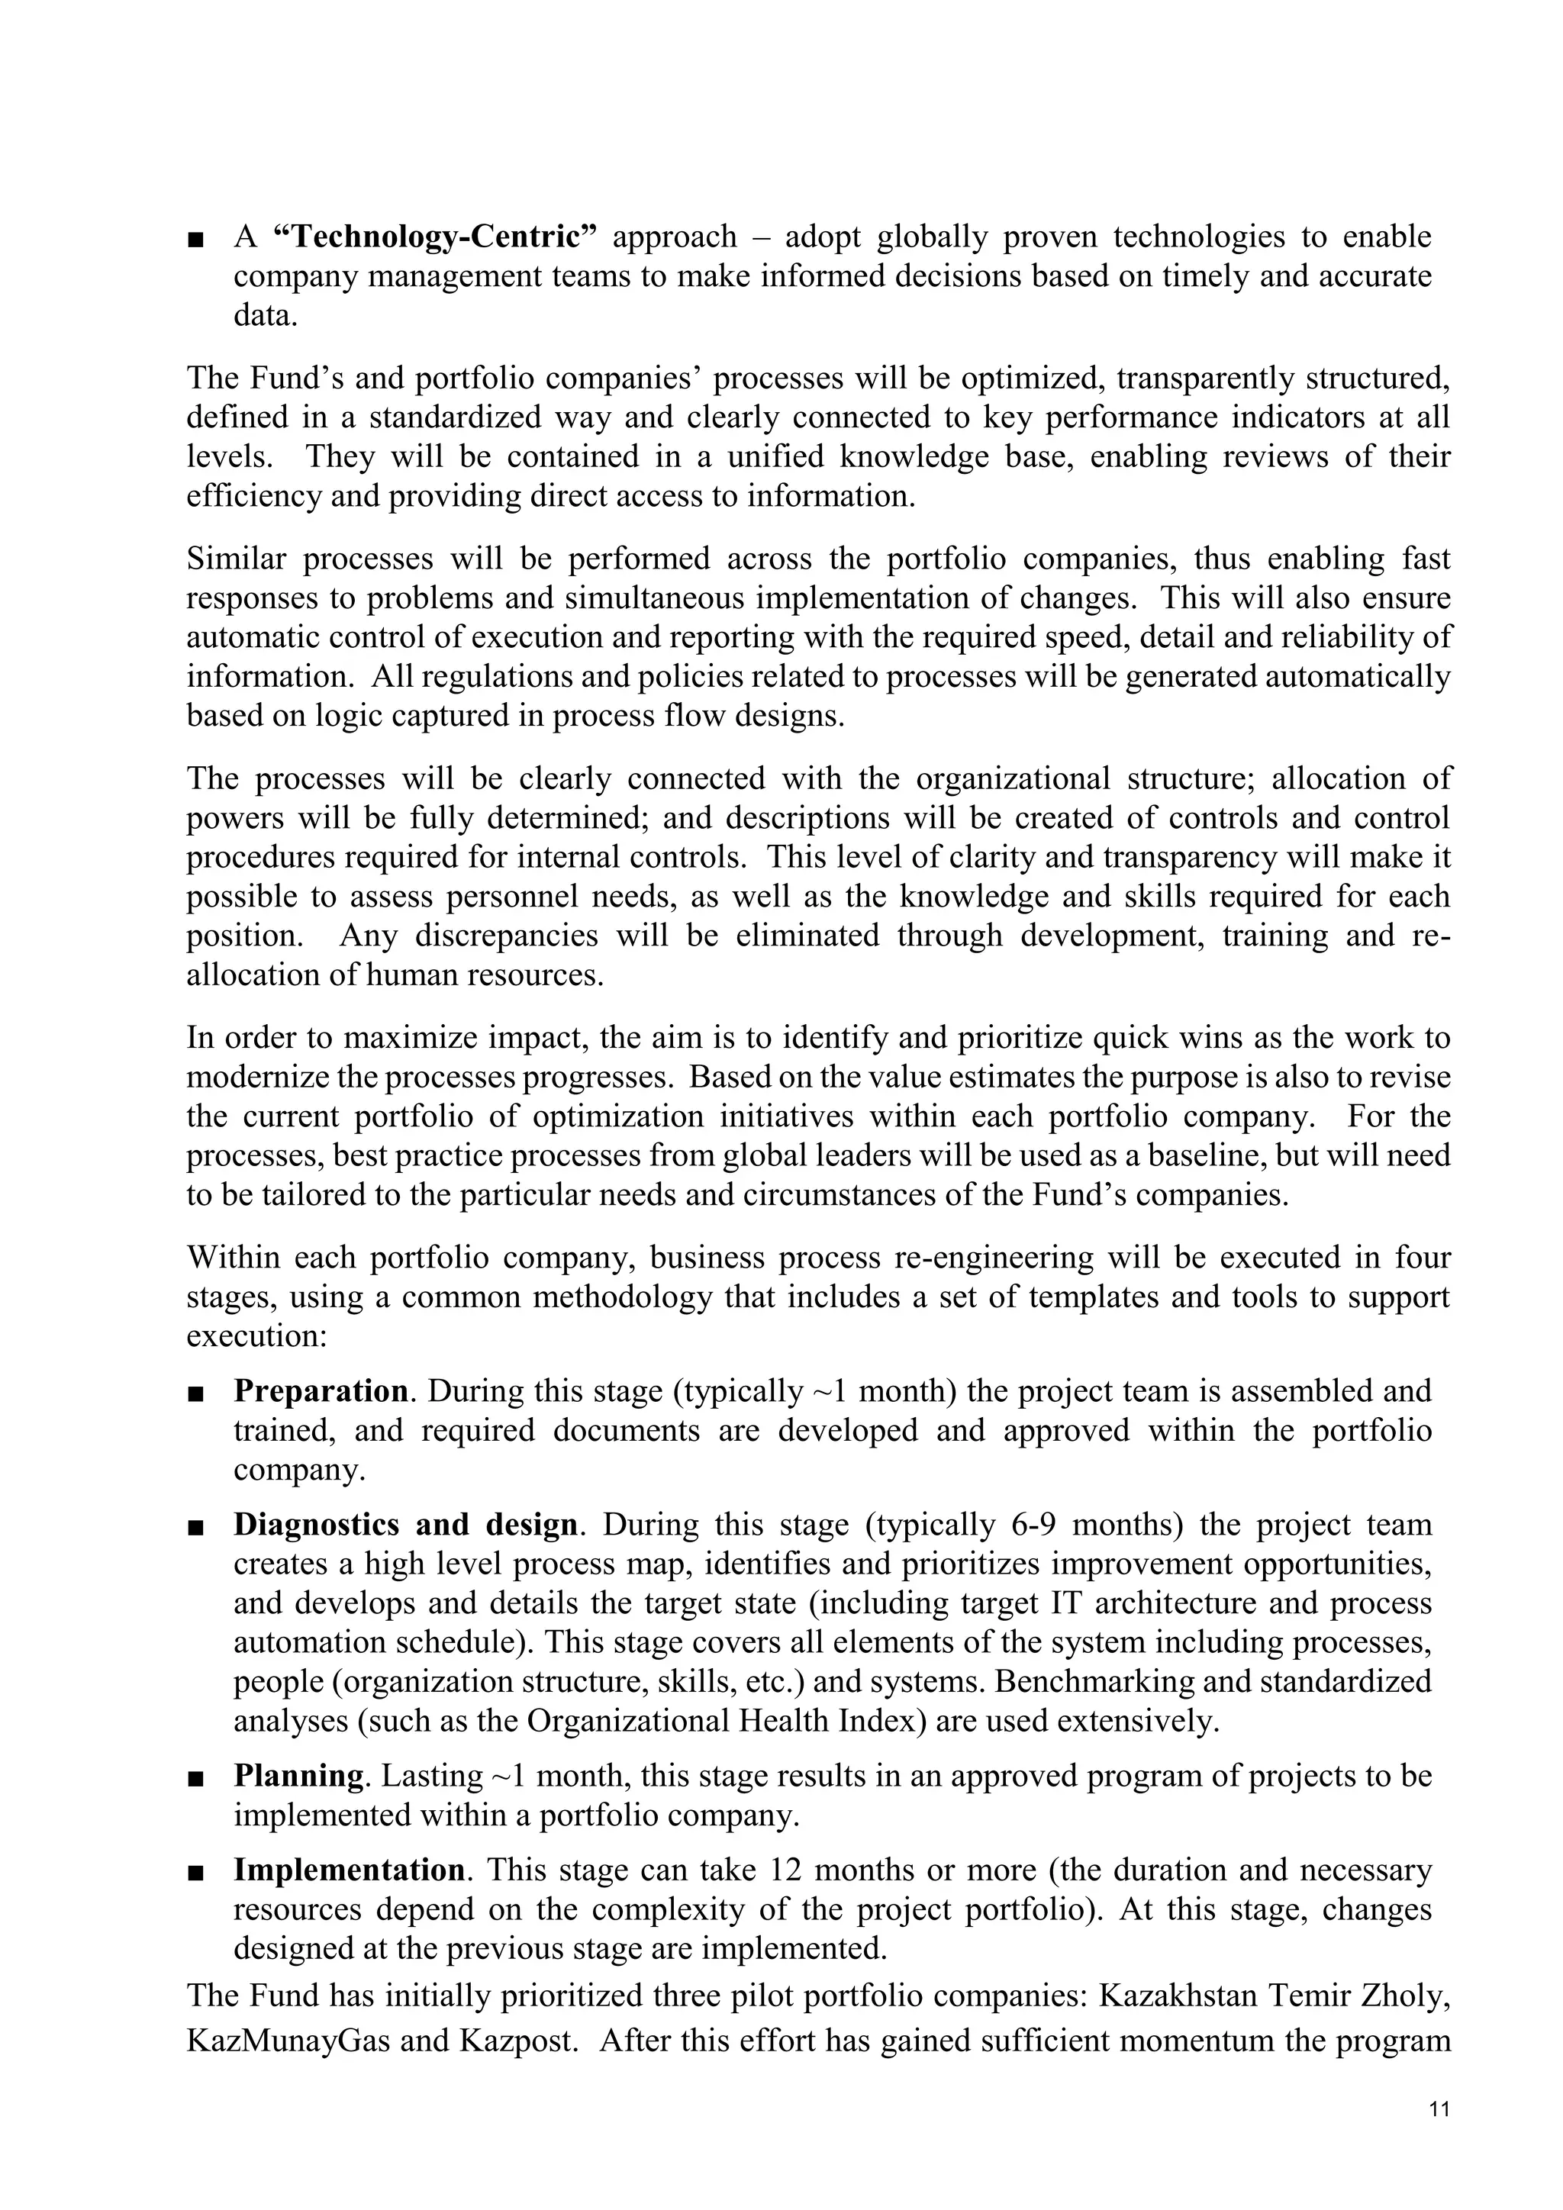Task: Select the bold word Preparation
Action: (x=321, y=1392)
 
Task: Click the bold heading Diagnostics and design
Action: (x=405, y=1525)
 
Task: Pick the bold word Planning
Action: (x=298, y=1776)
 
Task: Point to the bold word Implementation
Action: (x=350, y=1870)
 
